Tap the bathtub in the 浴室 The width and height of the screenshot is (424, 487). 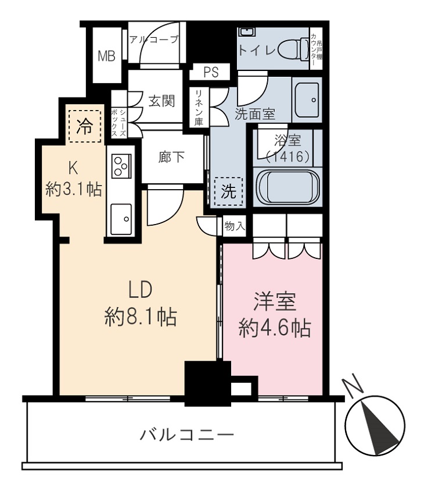tap(288, 187)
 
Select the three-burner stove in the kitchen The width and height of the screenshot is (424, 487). tap(121, 166)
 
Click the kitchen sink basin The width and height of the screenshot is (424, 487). tap(121, 219)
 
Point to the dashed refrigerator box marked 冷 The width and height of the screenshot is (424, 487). tap(85, 126)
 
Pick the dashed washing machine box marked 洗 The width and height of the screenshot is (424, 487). tap(229, 191)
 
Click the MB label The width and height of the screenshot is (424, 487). tap(106, 56)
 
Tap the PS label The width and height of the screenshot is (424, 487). tap(211, 72)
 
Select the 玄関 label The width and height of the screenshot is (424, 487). tap(161, 101)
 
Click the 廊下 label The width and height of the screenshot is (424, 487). tap(171, 157)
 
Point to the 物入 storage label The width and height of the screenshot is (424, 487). tap(235, 226)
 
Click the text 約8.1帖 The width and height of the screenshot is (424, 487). tap(141, 317)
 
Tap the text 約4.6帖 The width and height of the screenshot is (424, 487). tap(275, 328)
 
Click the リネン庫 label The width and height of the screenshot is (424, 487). tap(199, 108)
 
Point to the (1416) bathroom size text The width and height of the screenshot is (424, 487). tap(288, 157)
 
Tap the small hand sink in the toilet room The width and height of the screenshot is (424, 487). tap(247, 33)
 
